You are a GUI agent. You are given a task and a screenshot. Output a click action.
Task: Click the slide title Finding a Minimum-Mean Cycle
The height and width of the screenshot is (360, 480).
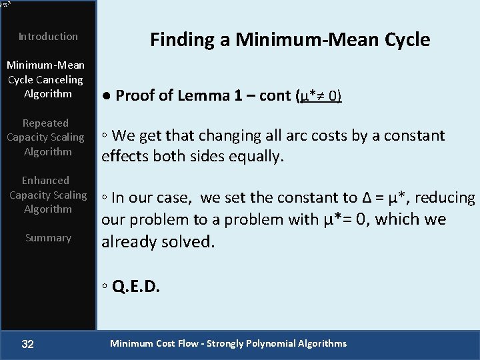tap(290, 40)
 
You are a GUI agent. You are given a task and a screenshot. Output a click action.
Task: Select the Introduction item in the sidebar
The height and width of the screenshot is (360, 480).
tap(48, 37)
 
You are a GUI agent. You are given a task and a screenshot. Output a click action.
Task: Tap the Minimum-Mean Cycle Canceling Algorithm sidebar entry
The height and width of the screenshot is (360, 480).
tap(45, 79)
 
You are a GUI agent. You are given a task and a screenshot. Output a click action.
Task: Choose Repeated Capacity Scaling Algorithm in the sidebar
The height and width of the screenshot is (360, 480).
tap(45, 137)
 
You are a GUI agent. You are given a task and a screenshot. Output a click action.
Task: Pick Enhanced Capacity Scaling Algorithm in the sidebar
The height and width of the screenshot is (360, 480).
tap(47, 195)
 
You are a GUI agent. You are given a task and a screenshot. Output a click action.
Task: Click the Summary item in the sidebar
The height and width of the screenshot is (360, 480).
tap(48, 238)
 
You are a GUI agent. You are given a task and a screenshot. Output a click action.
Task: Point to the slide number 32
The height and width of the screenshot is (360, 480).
tap(28, 344)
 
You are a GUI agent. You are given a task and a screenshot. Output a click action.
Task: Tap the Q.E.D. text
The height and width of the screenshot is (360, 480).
tap(136, 287)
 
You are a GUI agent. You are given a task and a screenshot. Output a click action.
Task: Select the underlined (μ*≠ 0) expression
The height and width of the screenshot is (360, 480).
tap(318, 95)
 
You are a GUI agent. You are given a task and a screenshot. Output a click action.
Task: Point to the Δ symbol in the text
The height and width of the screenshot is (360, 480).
tap(367, 197)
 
